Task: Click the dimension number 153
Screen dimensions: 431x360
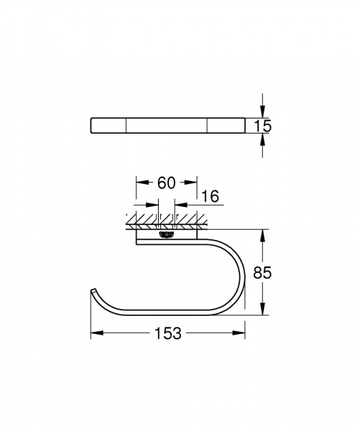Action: (x=167, y=334)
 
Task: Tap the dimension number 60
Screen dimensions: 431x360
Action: (x=166, y=183)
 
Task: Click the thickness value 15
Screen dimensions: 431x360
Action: (x=263, y=126)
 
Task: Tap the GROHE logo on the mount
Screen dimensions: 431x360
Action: (x=166, y=234)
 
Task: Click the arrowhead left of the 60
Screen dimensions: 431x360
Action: (x=141, y=182)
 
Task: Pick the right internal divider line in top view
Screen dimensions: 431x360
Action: (x=207, y=126)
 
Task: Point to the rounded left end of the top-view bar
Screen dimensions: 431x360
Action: (x=91, y=126)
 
